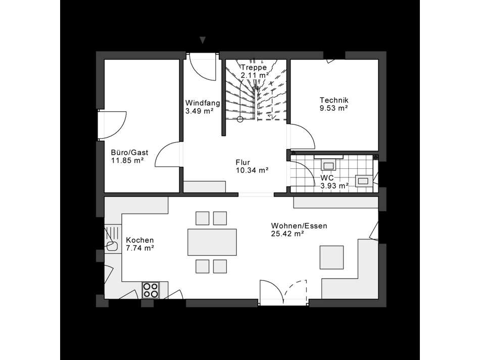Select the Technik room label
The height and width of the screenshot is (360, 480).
(x=333, y=100)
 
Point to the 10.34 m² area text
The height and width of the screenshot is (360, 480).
(x=252, y=170)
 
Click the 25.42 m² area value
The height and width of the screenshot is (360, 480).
(x=287, y=234)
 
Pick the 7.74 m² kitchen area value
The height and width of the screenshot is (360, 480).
(x=139, y=248)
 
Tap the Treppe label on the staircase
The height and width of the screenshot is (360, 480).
(x=254, y=67)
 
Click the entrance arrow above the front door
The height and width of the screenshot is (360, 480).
(x=203, y=39)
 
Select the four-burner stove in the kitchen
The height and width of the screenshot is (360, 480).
(x=150, y=289)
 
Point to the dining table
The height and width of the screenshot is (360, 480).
(x=212, y=242)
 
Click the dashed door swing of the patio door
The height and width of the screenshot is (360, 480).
(x=296, y=292)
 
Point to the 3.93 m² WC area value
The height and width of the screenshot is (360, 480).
(x=334, y=186)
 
